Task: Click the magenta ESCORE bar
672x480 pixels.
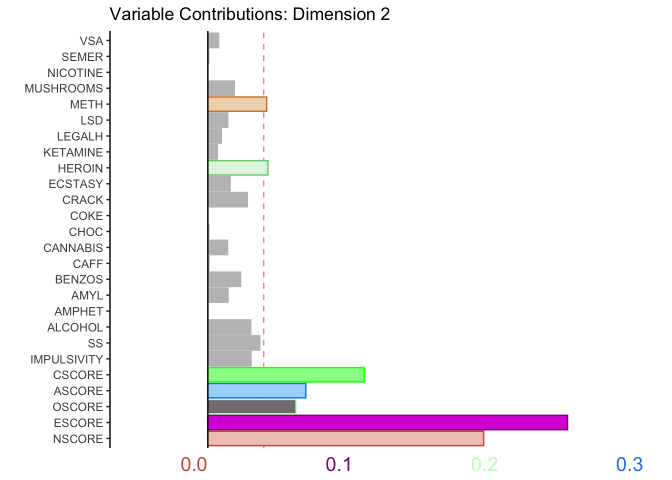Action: tap(387, 422)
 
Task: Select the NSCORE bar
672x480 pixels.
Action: tap(345, 438)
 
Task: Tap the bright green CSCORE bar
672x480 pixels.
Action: tap(286, 374)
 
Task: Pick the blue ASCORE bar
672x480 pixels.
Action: tap(257, 390)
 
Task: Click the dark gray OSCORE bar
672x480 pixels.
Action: tap(251, 406)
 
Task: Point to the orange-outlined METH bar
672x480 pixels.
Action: tap(237, 104)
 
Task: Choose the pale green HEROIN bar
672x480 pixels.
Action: tap(238, 168)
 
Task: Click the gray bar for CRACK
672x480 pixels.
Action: tap(228, 199)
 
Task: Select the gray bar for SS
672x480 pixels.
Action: tap(234, 343)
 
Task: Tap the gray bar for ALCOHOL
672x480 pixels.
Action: tap(229, 327)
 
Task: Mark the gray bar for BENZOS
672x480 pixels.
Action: tap(224, 279)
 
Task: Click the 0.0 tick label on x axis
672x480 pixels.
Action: tap(194, 464)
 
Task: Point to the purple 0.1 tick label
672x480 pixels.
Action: tap(339, 464)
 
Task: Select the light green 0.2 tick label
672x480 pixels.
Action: tap(484, 464)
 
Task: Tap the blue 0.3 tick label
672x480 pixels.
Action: tap(629, 464)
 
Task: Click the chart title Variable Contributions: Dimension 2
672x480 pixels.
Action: tap(249, 14)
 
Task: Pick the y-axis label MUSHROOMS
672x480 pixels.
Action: tap(64, 88)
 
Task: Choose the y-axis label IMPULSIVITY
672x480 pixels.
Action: tap(66, 359)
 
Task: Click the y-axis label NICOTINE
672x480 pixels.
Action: tap(75, 73)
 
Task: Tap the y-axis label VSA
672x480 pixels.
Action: tap(91, 41)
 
